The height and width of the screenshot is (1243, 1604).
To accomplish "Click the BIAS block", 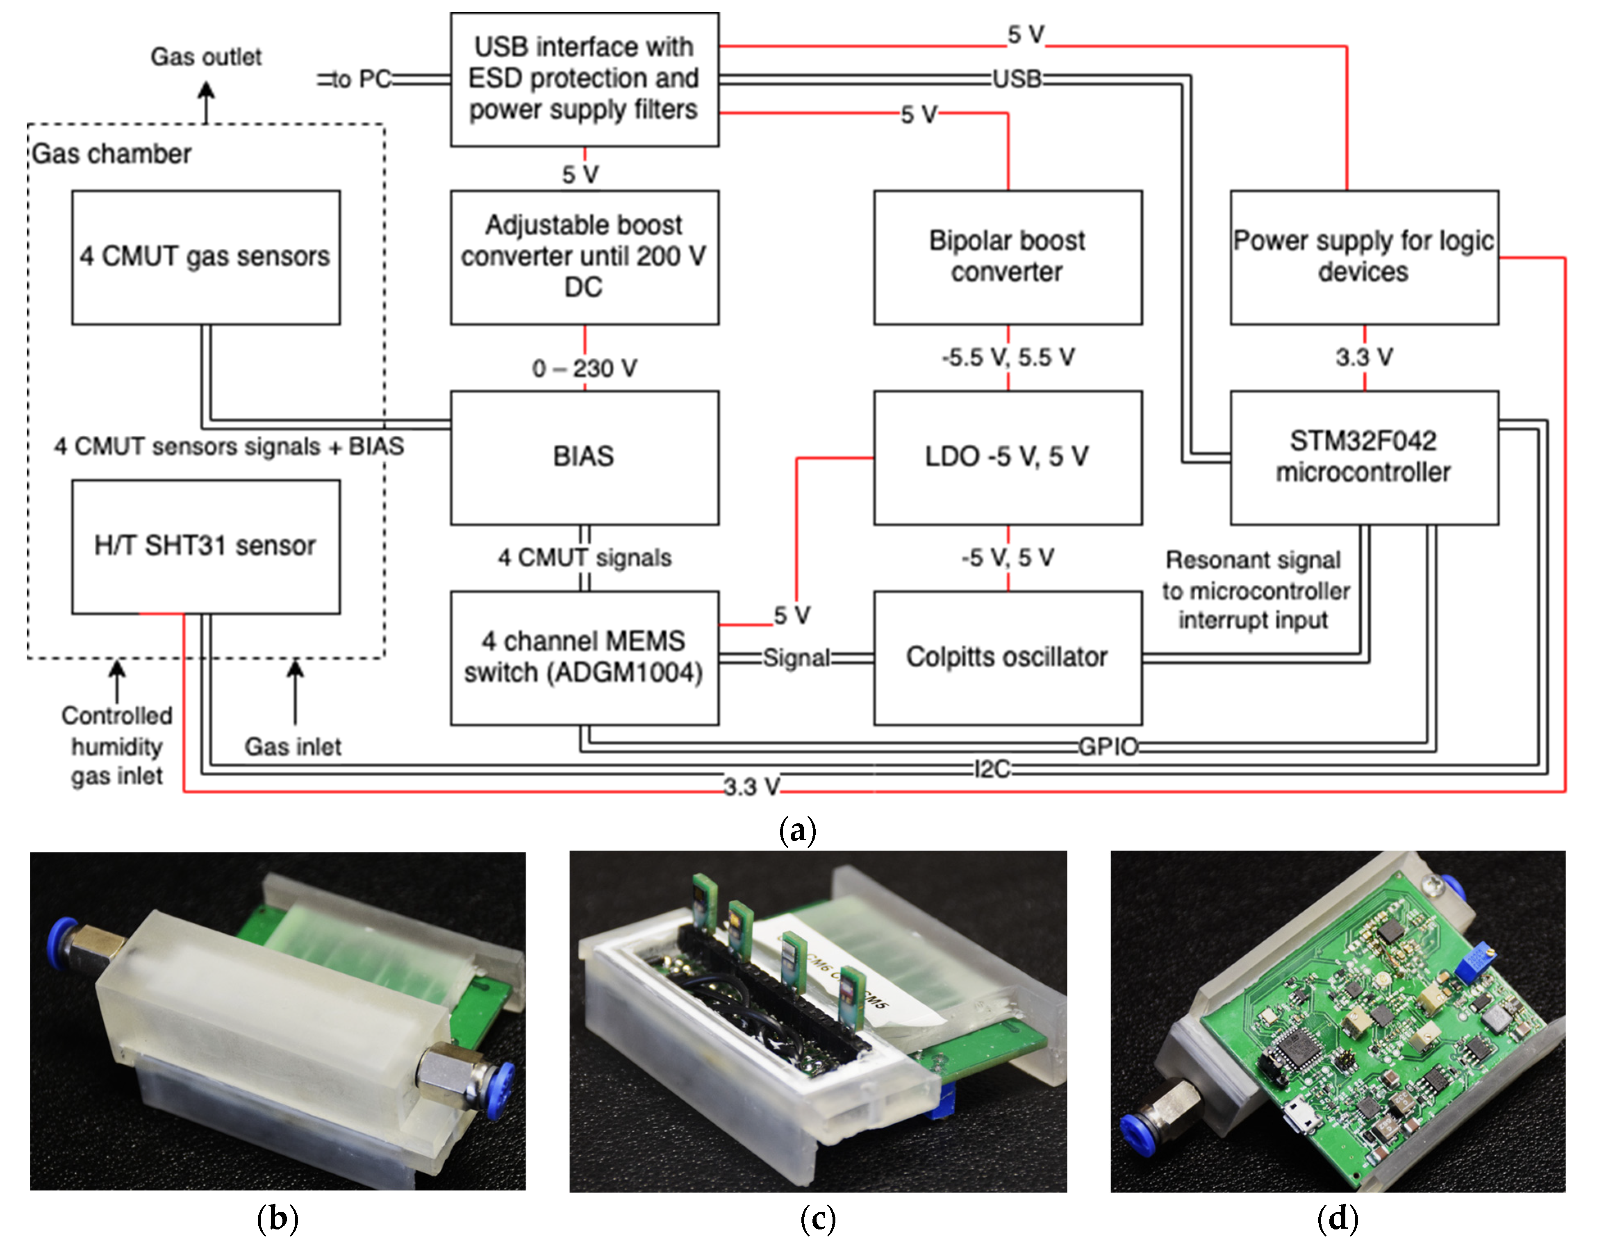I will tap(584, 457).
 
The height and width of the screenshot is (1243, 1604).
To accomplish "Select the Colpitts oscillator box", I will tap(1007, 657).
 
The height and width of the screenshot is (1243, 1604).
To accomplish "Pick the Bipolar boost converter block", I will tap(1007, 257).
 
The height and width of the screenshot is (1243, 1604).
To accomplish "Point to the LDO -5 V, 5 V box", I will tap(1007, 457).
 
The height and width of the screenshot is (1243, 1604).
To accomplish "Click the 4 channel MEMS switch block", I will tap(584, 657).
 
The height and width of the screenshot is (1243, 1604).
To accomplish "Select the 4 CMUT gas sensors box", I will tap(206, 257).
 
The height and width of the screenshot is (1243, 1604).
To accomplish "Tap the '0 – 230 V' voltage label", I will tap(584, 368).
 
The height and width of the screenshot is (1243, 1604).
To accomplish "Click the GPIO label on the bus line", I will tap(1108, 747).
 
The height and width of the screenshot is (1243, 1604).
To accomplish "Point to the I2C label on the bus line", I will tap(992, 769).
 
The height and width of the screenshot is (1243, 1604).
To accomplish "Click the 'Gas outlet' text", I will tap(206, 57).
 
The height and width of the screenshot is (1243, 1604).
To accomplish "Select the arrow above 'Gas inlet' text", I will tap(295, 690).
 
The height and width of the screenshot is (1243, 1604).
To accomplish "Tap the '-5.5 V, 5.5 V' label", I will tap(1007, 357).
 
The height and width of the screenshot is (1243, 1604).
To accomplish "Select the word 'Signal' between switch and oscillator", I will tap(796, 657).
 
